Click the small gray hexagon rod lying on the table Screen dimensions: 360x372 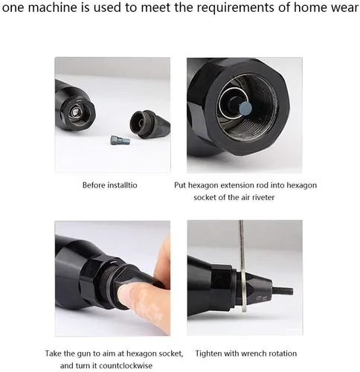coord(120,141)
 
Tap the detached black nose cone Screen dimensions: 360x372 coord(150,124)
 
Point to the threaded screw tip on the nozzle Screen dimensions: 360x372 coord(283,291)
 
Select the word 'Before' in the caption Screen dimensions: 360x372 coord(93,185)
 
